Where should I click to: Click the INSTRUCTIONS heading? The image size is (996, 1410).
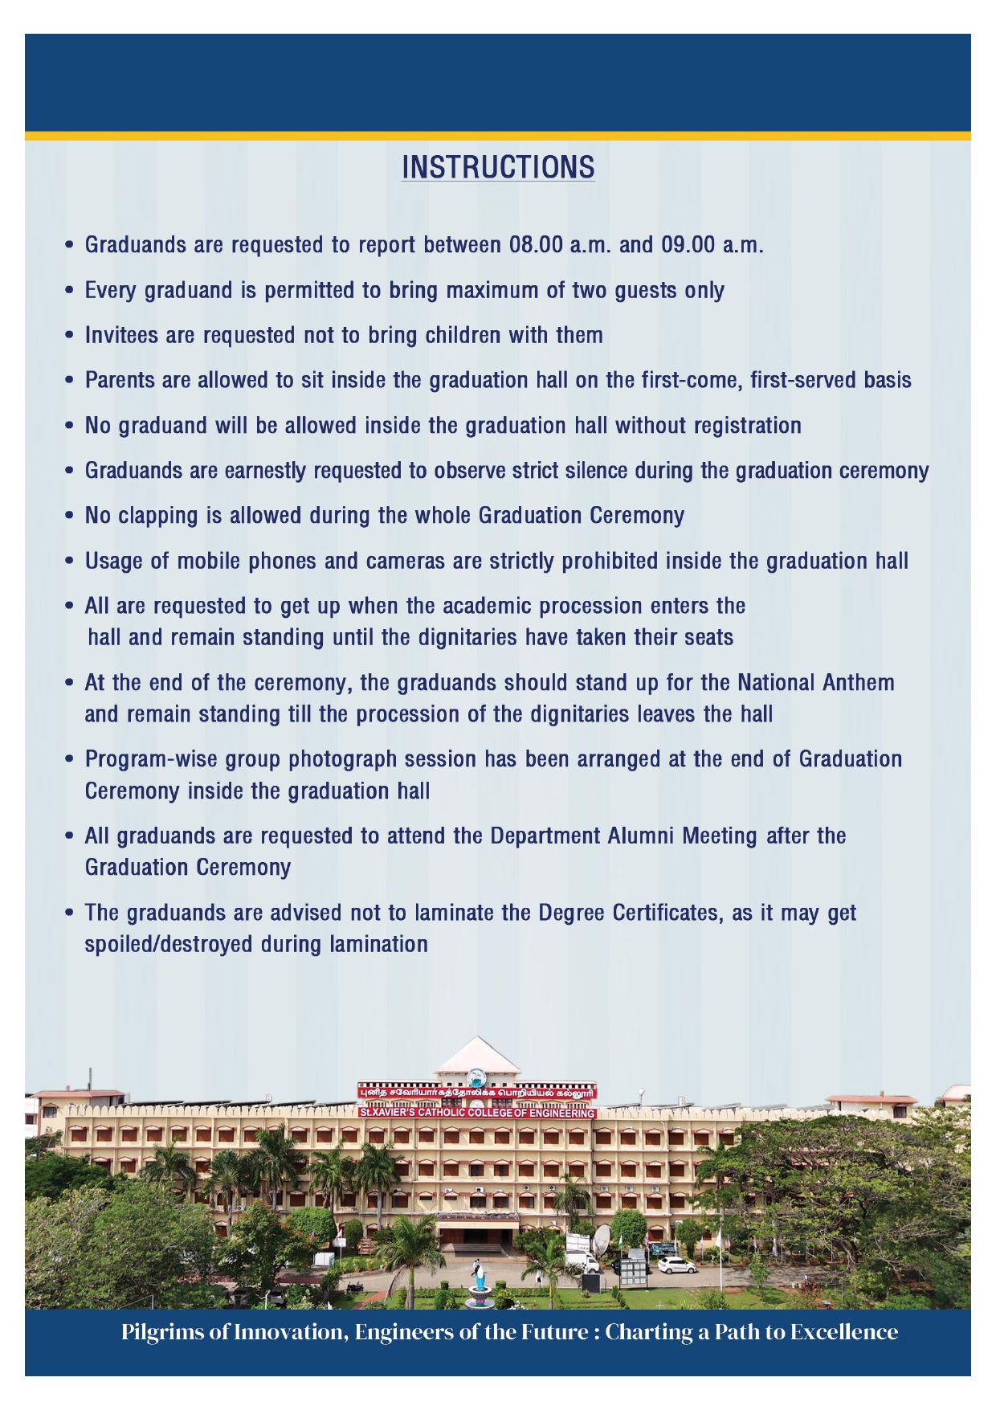[x=498, y=167]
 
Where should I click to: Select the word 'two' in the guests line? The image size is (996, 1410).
[x=589, y=290]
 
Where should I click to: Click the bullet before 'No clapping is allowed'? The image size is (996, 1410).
[x=71, y=516]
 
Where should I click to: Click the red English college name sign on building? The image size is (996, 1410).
[x=477, y=1113]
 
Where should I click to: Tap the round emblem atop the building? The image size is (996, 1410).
[x=477, y=1077]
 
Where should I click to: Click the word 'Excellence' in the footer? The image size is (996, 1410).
[x=843, y=1332]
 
